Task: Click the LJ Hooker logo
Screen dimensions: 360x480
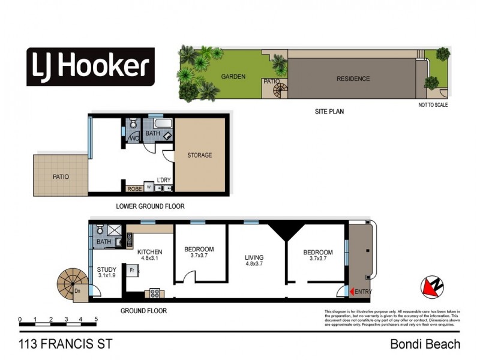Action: (90, 66)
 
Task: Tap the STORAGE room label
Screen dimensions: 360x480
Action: (200, 155)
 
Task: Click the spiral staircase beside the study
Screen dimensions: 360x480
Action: (71, 282)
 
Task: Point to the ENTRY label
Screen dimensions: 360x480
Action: (363, 292)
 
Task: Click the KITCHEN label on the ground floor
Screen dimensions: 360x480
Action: (150, 252)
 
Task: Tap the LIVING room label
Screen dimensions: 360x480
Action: (254, 259)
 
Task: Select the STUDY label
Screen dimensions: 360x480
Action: (107, 270)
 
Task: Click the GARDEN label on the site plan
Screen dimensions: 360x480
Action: (233, 77)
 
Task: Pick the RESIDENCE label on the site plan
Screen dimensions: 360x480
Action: (353, 79)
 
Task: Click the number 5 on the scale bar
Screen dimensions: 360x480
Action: (95, 319)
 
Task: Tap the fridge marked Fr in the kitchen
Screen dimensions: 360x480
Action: (131, 271)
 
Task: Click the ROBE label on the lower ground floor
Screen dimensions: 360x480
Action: (134, 188)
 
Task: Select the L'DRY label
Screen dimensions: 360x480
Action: (164, 181)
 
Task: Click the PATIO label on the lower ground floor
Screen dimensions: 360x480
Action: (61, 177)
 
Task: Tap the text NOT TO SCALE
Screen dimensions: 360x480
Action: (433, 105)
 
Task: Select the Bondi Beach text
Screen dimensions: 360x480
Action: (425, 344)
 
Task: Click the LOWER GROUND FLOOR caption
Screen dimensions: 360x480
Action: (150, 206)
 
